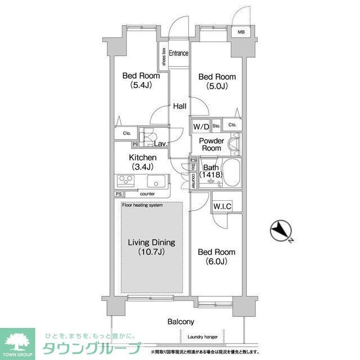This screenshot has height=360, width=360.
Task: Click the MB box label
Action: (x=241, y=31)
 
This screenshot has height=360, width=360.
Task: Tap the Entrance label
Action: (x=178, y=54)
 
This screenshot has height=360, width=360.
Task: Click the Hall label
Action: (x=180, y=106)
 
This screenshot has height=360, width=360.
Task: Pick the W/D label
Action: (x=201, y=127)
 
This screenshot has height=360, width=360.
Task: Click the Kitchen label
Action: (x=142, y=157)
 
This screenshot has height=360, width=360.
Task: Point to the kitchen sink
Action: (x=156, y=181)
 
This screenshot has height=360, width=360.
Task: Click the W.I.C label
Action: (x=221, y=206)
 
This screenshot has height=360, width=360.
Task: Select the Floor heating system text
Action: (x=142, y=205)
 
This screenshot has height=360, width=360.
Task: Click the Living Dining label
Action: (x=151, y=242)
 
